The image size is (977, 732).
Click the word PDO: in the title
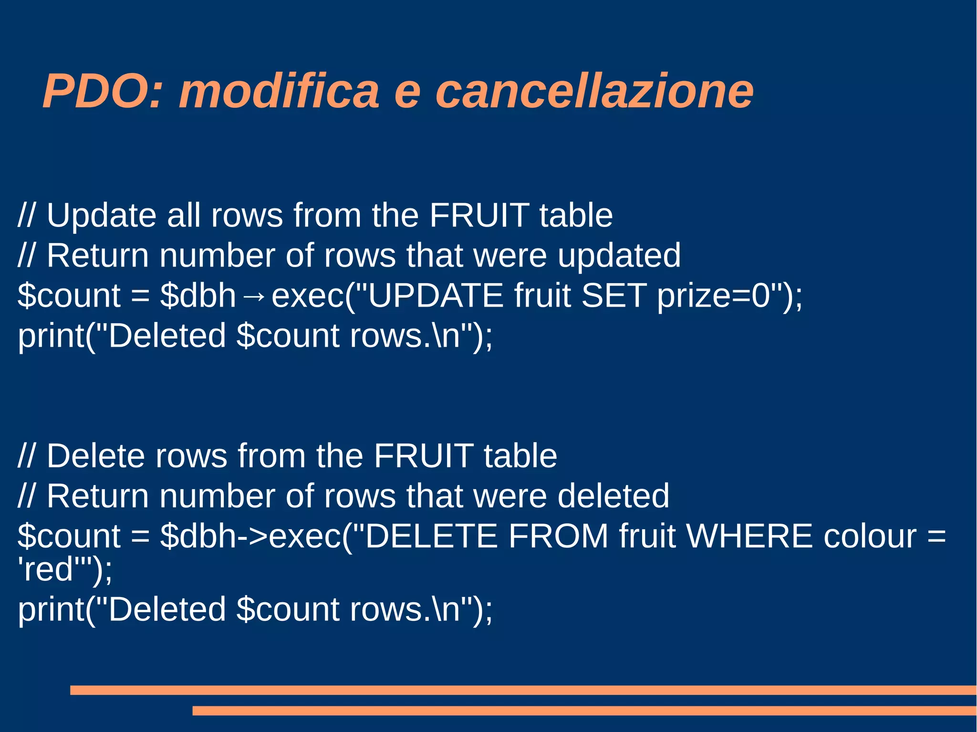click(103, 92)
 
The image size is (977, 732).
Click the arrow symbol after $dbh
click(253, 297)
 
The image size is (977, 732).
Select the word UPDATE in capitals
click(435, 296)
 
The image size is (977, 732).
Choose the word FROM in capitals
click(558, 536)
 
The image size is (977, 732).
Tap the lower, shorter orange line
click(584, 711)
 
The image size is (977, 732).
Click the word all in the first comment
click(184, 216)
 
